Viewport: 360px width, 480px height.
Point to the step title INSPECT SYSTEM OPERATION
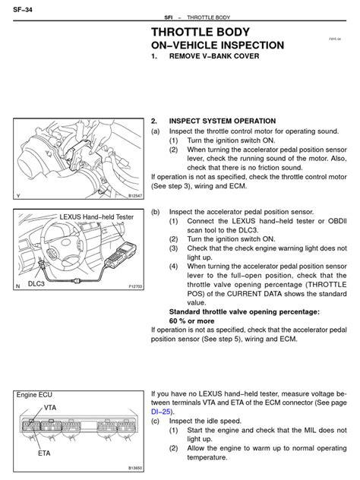(x=223, y=121)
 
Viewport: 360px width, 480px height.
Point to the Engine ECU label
(x=34, y=395)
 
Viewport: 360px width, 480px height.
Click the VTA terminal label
(x=51, y=408)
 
